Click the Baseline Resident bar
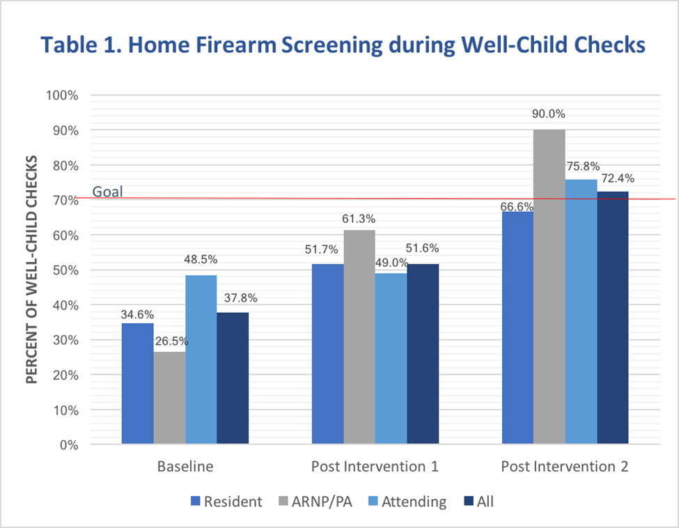click(137, 383)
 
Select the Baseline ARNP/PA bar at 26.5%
click(169, 398)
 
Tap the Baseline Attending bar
click(201, 359)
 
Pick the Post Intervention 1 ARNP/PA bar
click(359, 337)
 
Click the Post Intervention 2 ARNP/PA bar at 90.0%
click(549, 286)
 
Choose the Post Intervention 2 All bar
click(613, 318)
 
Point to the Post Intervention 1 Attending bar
click(391, 358)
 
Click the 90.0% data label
click(549, 114)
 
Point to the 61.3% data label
click(359, 218)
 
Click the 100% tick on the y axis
click(62, 95)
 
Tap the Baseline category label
click(185, 466)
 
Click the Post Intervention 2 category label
click(565, 466)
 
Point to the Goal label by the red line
click(108, 191)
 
